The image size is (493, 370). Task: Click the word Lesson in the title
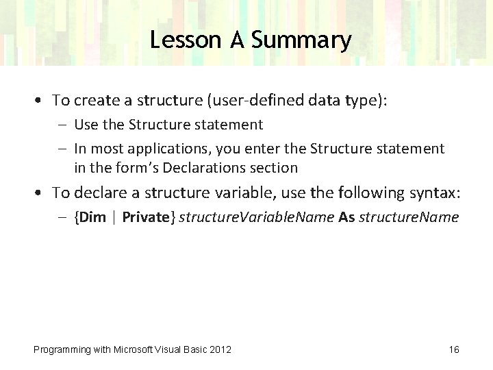tap(180, 40)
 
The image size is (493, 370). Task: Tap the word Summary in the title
tap(301, 40)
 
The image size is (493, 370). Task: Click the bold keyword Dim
tap(92, 218)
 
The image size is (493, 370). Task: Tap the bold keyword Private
tap(146, 218)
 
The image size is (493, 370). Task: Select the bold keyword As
tap(346, 218)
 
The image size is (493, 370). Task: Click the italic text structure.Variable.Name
tap(257, 218)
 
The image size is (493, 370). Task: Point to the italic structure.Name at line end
tap(409, 218)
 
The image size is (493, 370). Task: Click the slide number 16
tap(453, 349)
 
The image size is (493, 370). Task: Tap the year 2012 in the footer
tap(220, 349)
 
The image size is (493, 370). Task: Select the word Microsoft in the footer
tap(130, 349)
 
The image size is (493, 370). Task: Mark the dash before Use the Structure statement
tap(63, 125)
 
